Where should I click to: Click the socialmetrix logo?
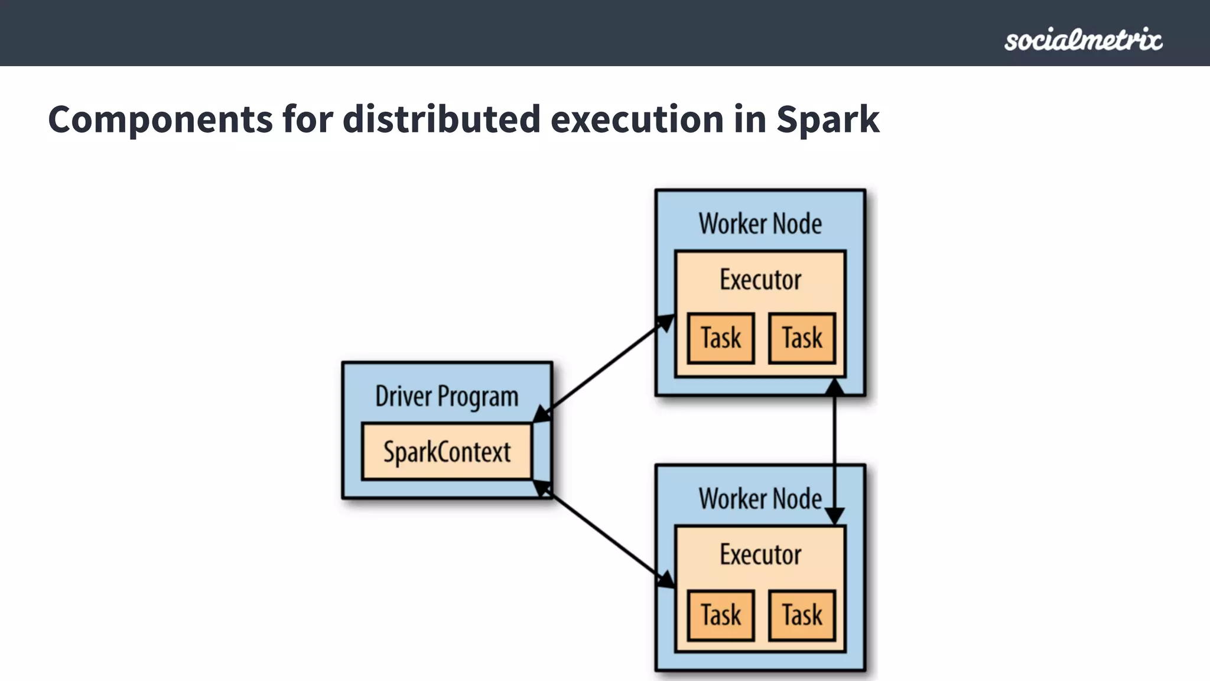pyautogui.click(x=1083, y=40)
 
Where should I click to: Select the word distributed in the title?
pyautogui.click(x=441, y=119)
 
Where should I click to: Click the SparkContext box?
pyautogui.click(x=447, y=452)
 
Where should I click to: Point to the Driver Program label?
pyautogui.click(x=447, y=396)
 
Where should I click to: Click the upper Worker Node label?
pyautogui.click(x=760, y=224)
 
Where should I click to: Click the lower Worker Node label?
pyautogui.click(x=760, y=499)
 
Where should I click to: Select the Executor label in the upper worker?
pyautogui.click(x=760, y=280)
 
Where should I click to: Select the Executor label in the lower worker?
pyautogui.click(x=760, y=554)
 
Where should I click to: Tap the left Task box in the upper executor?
pyautogui.click(x=721, y=338)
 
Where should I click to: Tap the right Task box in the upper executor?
pyautogui.click(x=802, y=338)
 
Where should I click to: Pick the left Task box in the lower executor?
pyautogui.click(x=721, y=615)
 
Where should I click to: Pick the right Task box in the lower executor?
pyautogui.click(x=802, y=615)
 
